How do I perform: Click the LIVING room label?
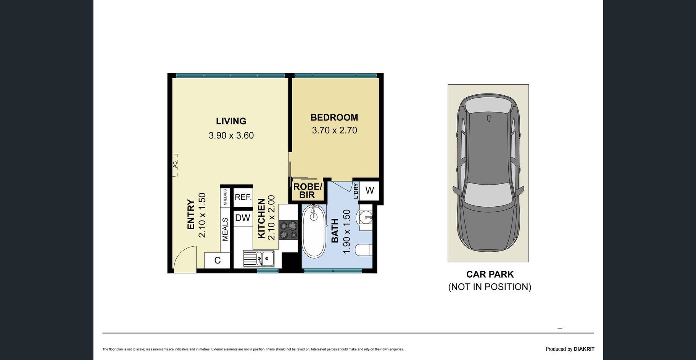231,121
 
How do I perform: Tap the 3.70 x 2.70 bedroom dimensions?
334,130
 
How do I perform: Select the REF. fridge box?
243,197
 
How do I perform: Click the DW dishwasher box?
243,218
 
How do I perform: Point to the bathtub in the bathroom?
314,231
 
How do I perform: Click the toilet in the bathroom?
363,251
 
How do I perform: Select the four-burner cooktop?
288,230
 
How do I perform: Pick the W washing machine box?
369,190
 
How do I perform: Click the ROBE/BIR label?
308,191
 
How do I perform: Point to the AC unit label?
175,165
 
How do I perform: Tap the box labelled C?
217,260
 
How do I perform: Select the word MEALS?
225,229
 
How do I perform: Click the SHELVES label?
225,197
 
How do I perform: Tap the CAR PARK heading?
490,274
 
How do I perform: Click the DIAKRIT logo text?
584,349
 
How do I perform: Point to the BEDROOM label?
334,117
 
